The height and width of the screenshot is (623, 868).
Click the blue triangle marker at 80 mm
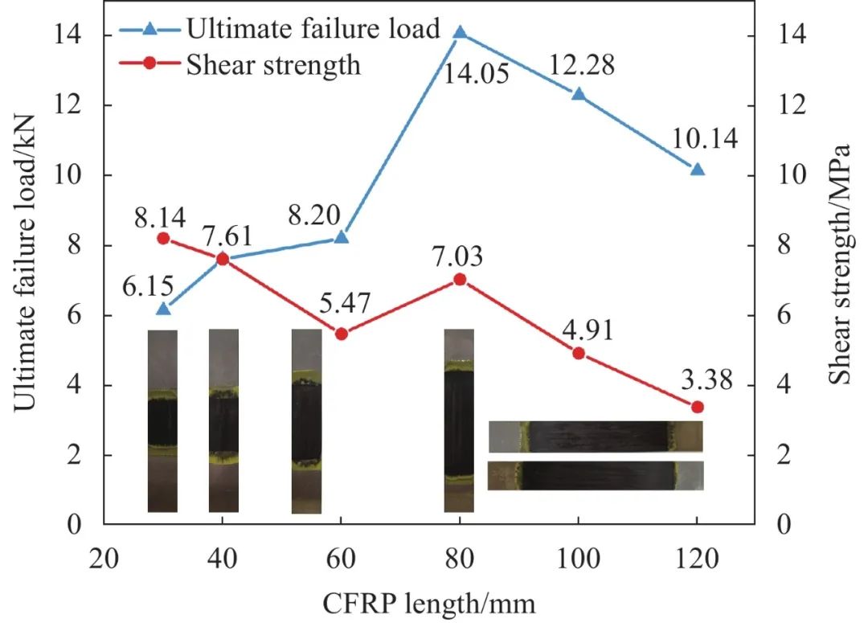coord(460,33)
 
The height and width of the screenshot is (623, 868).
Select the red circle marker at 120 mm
coord(697,407)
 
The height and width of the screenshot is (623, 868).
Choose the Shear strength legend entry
coord(273,64)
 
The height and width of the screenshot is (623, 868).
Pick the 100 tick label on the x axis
coord(579,559)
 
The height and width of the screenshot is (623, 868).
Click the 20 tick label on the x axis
coord(104,559)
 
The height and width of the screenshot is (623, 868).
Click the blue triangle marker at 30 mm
coord(163,309)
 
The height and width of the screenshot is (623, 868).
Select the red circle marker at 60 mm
coord(341,334)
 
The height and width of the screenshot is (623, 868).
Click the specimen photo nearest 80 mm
coord(459,420)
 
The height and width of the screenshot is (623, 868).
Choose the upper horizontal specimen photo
coord(596,436)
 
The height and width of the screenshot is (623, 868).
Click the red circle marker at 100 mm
coord(579,353)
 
